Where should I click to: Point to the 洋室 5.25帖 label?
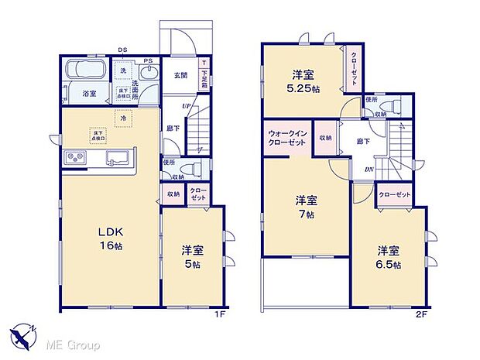pyautogui.click(x=302, y=81)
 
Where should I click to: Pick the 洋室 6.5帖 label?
pyautogui.click(x=389, y=257)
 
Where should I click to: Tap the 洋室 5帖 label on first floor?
pyautogui.click(x=192, y=256)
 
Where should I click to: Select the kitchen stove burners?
pyautogui.click(x=77, y=157)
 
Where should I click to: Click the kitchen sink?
pyautogui.click(x=118, y=157)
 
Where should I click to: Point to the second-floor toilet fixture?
pyautogui.click(x=393, y=106)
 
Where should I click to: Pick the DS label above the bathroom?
pyautogui.click(x=122, y=51)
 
